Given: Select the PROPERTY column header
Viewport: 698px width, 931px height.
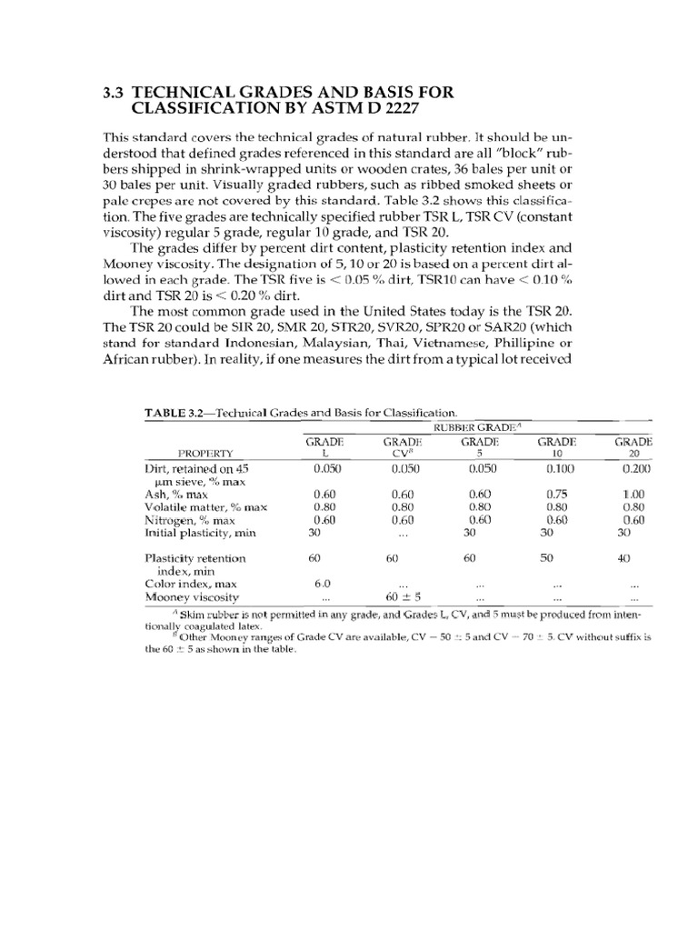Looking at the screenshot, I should pyautogui.click(x=206, y=452).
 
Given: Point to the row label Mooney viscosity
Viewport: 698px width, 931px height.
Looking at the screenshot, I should pyautogui.click(x=191, y=597).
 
